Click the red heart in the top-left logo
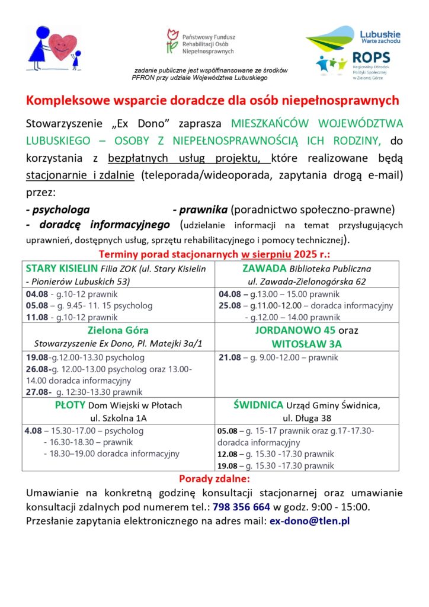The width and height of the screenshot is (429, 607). coord(63,45)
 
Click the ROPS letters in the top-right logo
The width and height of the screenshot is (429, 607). coord(371,57)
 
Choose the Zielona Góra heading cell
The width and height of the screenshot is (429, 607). coord(118,330)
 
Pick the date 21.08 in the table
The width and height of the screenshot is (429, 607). coord(229,358)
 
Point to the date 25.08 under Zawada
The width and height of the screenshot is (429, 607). coord(229,306)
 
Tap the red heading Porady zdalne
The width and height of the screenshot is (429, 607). coord(214,478)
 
